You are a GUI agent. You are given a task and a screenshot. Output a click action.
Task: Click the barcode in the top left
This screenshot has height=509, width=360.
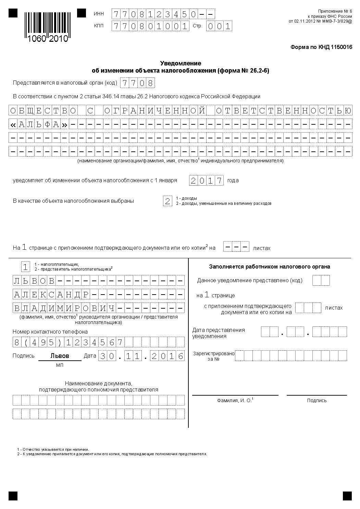point(46,27)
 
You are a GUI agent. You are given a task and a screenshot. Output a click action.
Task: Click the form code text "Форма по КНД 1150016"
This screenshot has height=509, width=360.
point(321,47)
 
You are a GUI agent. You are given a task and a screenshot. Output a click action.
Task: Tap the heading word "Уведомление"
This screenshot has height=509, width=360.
point(181,63)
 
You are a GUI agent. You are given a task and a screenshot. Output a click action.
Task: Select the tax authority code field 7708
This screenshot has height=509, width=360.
point(137,83)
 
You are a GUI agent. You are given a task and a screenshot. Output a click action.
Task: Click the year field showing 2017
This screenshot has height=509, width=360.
point(206,181)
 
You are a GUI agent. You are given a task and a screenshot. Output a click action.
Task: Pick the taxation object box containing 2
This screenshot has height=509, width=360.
point(167,201)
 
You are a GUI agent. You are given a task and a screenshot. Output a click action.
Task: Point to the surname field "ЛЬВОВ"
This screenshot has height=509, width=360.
point(34,281)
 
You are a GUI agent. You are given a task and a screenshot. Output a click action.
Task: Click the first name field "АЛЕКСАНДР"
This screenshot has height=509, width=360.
point(51,294)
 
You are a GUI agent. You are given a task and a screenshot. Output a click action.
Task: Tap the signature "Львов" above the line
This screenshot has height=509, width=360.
point(60,356)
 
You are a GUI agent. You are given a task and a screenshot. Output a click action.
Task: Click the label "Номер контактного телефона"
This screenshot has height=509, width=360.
point(50,332)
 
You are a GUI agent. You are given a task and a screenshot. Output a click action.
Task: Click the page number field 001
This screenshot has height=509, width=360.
point(219,26)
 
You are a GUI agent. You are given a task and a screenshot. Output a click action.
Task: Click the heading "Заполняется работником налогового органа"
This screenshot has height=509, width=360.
point(270,266)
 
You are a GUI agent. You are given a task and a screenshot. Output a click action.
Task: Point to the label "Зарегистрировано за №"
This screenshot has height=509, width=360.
point(213,356)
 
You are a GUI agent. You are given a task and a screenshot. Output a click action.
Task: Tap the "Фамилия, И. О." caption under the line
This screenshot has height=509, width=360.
point(235,400)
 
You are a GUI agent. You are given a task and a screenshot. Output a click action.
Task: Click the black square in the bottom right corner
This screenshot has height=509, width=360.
point(347,496)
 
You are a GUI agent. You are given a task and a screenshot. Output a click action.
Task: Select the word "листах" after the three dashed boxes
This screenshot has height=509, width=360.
point(262,248)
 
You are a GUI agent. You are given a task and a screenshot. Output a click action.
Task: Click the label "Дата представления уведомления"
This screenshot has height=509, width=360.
point(219,333)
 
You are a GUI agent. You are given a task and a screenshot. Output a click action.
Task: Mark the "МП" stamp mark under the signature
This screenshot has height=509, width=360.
point(60,365)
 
